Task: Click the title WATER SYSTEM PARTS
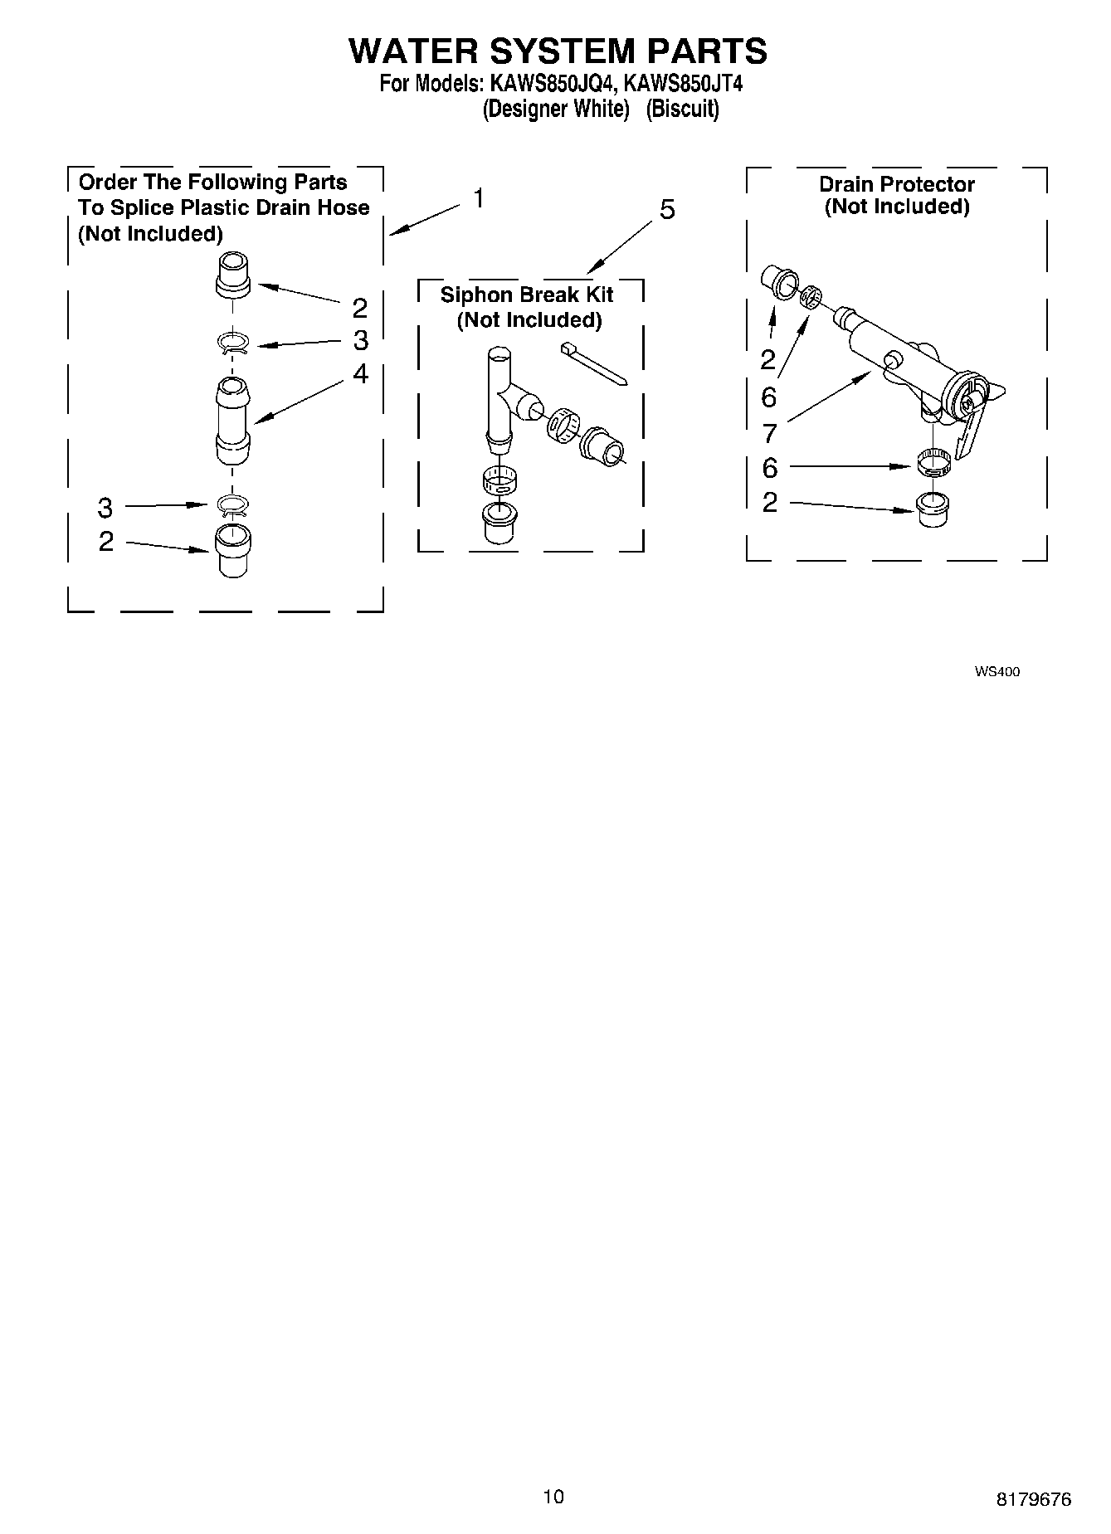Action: [x=558, y=51]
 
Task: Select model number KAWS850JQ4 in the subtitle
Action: [x=548, y=84]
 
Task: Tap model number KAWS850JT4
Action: [x=683, y=84]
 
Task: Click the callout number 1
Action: [x=478, y=198]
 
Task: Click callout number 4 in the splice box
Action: [x=360, y=374]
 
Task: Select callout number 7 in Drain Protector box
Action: [x=769, y=432]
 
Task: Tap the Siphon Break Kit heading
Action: [x=527, y=295]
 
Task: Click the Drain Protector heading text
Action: [x=897, y=184]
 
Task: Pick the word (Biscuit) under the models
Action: [x=682, y=110]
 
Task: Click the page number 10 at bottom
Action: [x=553, y=1496]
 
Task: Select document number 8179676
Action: [x=1034, y=1499]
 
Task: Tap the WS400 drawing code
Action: [x=997, y=672]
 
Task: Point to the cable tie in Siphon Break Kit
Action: [x=594, y=363]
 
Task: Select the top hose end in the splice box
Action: [x=233, y=275]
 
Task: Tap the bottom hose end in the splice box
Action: [x=233, y=549]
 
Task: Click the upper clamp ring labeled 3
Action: [x=233, y=343]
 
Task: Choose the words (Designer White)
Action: [x=555, y=110]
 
